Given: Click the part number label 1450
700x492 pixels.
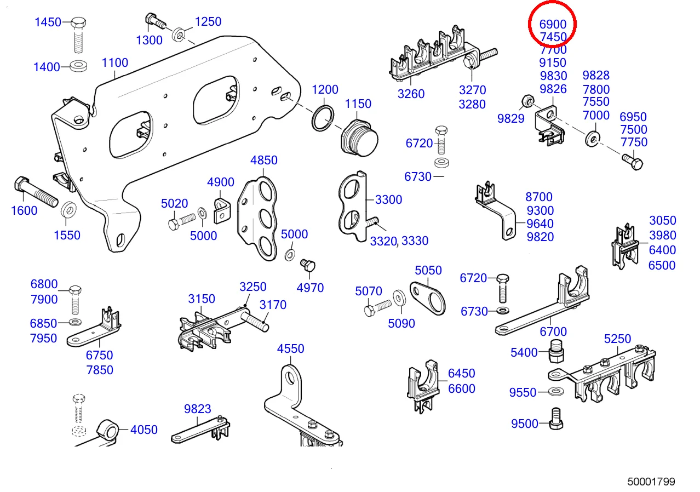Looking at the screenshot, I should coord(48,22).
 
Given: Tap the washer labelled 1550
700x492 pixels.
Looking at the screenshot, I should coord(68,210).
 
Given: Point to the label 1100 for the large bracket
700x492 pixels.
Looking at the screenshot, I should coord(115,63).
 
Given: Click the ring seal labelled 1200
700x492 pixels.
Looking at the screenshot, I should coord(323,119).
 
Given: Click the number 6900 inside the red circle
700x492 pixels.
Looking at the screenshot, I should coord(553,25).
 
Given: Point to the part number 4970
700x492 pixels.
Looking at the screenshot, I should coord(310,288).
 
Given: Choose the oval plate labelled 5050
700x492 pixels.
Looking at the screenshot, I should coord(429,296).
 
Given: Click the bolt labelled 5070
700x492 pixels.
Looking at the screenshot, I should coord(378,307).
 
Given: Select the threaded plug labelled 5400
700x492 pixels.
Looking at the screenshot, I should coord(556,351).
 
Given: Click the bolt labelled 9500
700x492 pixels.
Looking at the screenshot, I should coord(557,420).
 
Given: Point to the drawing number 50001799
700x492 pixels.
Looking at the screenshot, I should coord(651,482).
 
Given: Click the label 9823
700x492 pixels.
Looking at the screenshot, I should coord(198,409).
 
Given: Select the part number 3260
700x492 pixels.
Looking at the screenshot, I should coord(411,94).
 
